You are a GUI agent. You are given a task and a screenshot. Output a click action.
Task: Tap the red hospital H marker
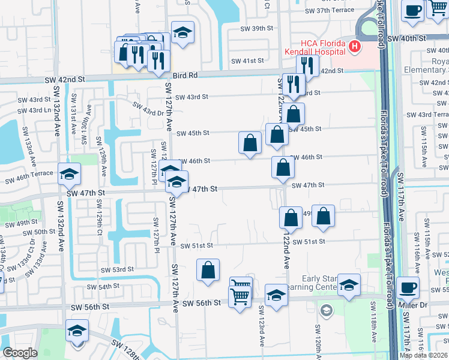tap(355, 46)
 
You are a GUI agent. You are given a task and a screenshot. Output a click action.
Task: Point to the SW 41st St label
tap(248, 61)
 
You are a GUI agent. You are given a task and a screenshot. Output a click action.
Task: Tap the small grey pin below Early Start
tap(325, 310)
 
